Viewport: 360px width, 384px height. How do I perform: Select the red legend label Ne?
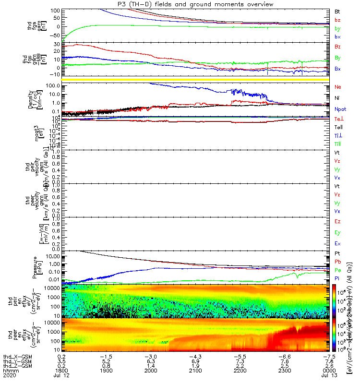point(338,87)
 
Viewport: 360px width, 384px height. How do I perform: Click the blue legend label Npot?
point(340,109)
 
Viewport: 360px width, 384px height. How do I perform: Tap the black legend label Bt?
point(337,11)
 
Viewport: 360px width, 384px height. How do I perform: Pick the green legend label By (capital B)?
point(338,58)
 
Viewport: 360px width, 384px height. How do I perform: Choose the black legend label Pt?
point(337,253)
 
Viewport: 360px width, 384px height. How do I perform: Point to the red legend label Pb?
point(338,262)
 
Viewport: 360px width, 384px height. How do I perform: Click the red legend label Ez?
point(338,222)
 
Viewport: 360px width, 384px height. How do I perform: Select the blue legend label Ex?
point(338,244)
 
